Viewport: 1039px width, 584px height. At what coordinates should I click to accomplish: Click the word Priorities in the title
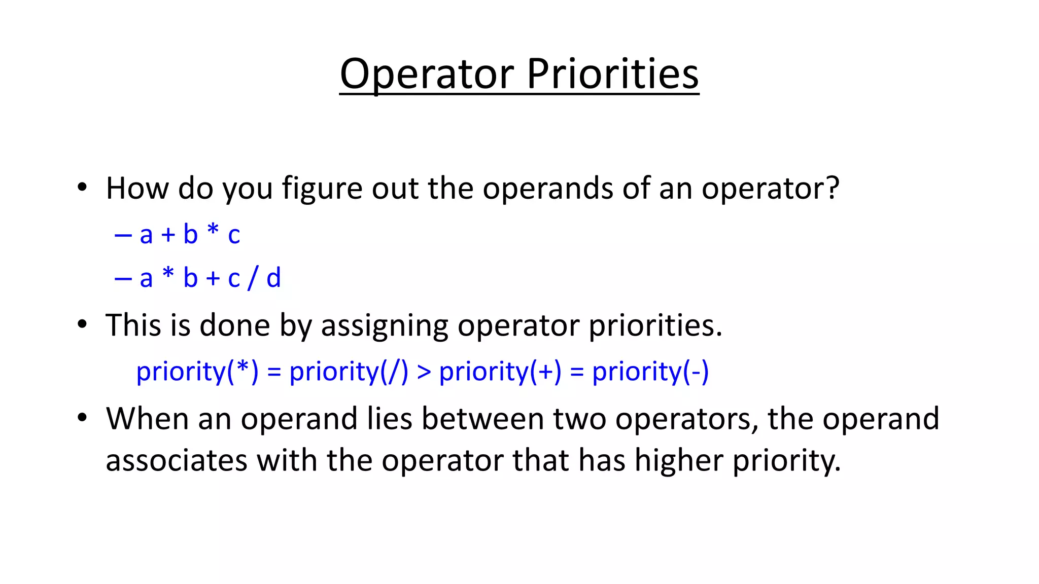point(612,74)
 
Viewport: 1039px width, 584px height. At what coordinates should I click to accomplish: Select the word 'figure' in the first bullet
point(322,189)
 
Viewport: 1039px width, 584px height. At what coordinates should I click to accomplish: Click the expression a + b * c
point(189,235)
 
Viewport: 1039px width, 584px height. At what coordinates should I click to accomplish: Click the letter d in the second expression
point(273,278)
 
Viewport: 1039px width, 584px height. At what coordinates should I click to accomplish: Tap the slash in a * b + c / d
point(252,278)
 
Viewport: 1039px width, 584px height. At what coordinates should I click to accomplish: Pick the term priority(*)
point(197,372)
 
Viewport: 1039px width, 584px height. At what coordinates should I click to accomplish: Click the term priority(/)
point(349,372)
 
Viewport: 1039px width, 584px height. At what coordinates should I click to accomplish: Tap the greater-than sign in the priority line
point(424,372)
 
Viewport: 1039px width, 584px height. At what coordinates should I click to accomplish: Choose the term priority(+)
point(500,372)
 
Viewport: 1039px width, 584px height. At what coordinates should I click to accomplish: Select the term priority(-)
point(650,372)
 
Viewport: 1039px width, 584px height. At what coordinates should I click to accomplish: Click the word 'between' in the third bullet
point(482,419)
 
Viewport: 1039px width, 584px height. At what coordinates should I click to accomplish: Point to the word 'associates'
point(176,461)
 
